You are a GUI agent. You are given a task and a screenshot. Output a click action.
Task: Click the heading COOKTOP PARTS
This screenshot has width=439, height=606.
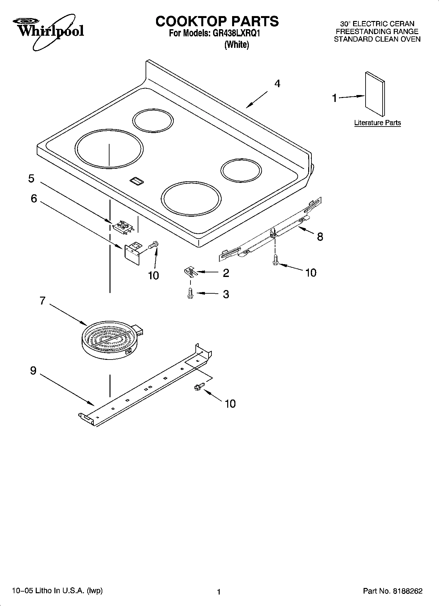click(x=217, y=21)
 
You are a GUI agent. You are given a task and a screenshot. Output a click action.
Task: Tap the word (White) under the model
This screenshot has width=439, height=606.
click(x=236, y=45)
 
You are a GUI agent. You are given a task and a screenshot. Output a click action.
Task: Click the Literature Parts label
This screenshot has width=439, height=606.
click(x=377, y=123)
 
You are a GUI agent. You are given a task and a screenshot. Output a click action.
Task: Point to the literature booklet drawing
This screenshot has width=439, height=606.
click(x=375, y=94)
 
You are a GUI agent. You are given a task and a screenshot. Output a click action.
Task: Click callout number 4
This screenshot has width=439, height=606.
click(x=277, y=84)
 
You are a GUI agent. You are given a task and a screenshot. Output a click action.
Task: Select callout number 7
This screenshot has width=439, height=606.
click(x=42, y=301)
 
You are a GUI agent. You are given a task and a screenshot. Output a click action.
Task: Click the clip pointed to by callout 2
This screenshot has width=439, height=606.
click(x=190, y=272)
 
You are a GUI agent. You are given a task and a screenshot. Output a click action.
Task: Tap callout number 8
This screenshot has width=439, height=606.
click(x=320, y=237)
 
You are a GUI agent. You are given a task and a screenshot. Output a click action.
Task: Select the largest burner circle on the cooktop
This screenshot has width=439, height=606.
click(x=109, y=148)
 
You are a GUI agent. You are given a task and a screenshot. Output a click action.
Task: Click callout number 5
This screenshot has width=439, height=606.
click(x=31, y=179)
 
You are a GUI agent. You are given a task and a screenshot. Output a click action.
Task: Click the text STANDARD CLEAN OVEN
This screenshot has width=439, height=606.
click(x=377, y=39)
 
